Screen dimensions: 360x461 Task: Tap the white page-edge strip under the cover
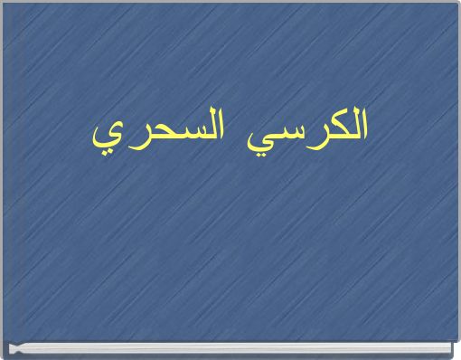click(230, 348)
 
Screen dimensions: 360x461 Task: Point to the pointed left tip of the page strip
click(8, 348)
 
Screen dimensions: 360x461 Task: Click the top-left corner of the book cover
click(3, 3)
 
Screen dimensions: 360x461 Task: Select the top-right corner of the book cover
click(457, 3)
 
